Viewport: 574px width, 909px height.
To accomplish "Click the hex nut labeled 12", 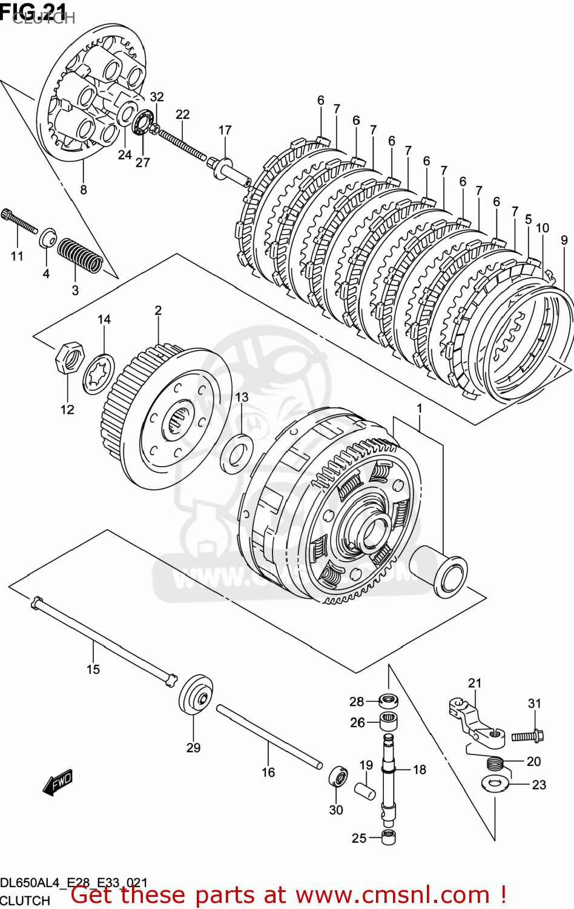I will pyautogui.click(x=68, y=358).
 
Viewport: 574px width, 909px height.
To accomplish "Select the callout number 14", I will pyautogui.click(x=104, y=319).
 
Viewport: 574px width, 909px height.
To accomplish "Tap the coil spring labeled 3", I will pyautogui.click(x=80, y=255).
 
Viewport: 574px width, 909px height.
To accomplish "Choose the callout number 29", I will pyautogui.click(x=193, y=748).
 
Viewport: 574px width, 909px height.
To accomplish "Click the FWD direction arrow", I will pyautogui.click(x=58, y=782).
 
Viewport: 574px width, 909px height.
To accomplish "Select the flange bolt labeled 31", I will pyautogui.click(x=527, y=736).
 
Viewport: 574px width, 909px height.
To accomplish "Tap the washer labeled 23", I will pyautogui.click(x=495, y=783).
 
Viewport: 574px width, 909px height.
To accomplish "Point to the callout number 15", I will pyautogui.click(x=93, y=669).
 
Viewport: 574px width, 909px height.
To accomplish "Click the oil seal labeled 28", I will pyautogui.click(x=388, y=701).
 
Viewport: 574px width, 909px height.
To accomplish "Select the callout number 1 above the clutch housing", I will pyautogui.click(x=419, y=408).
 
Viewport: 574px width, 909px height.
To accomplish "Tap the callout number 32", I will pyautogui.click(x=157, y=96).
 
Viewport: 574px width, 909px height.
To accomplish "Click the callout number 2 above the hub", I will pyautogui.click(x=158, y=310).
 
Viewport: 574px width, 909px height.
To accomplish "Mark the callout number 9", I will pyautogui.click(x=564, y=240).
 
